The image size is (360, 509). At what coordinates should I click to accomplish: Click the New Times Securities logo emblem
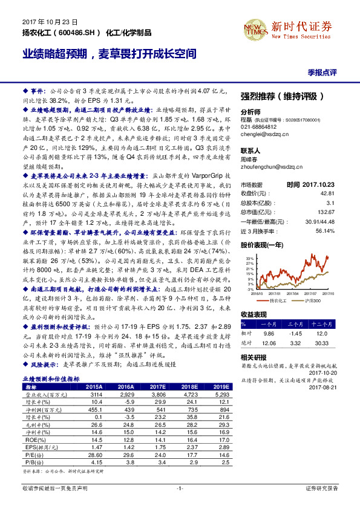click(258, 28)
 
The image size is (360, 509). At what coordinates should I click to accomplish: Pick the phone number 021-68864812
click(258, 127)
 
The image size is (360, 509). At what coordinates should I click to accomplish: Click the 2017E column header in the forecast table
click(157, 386)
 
